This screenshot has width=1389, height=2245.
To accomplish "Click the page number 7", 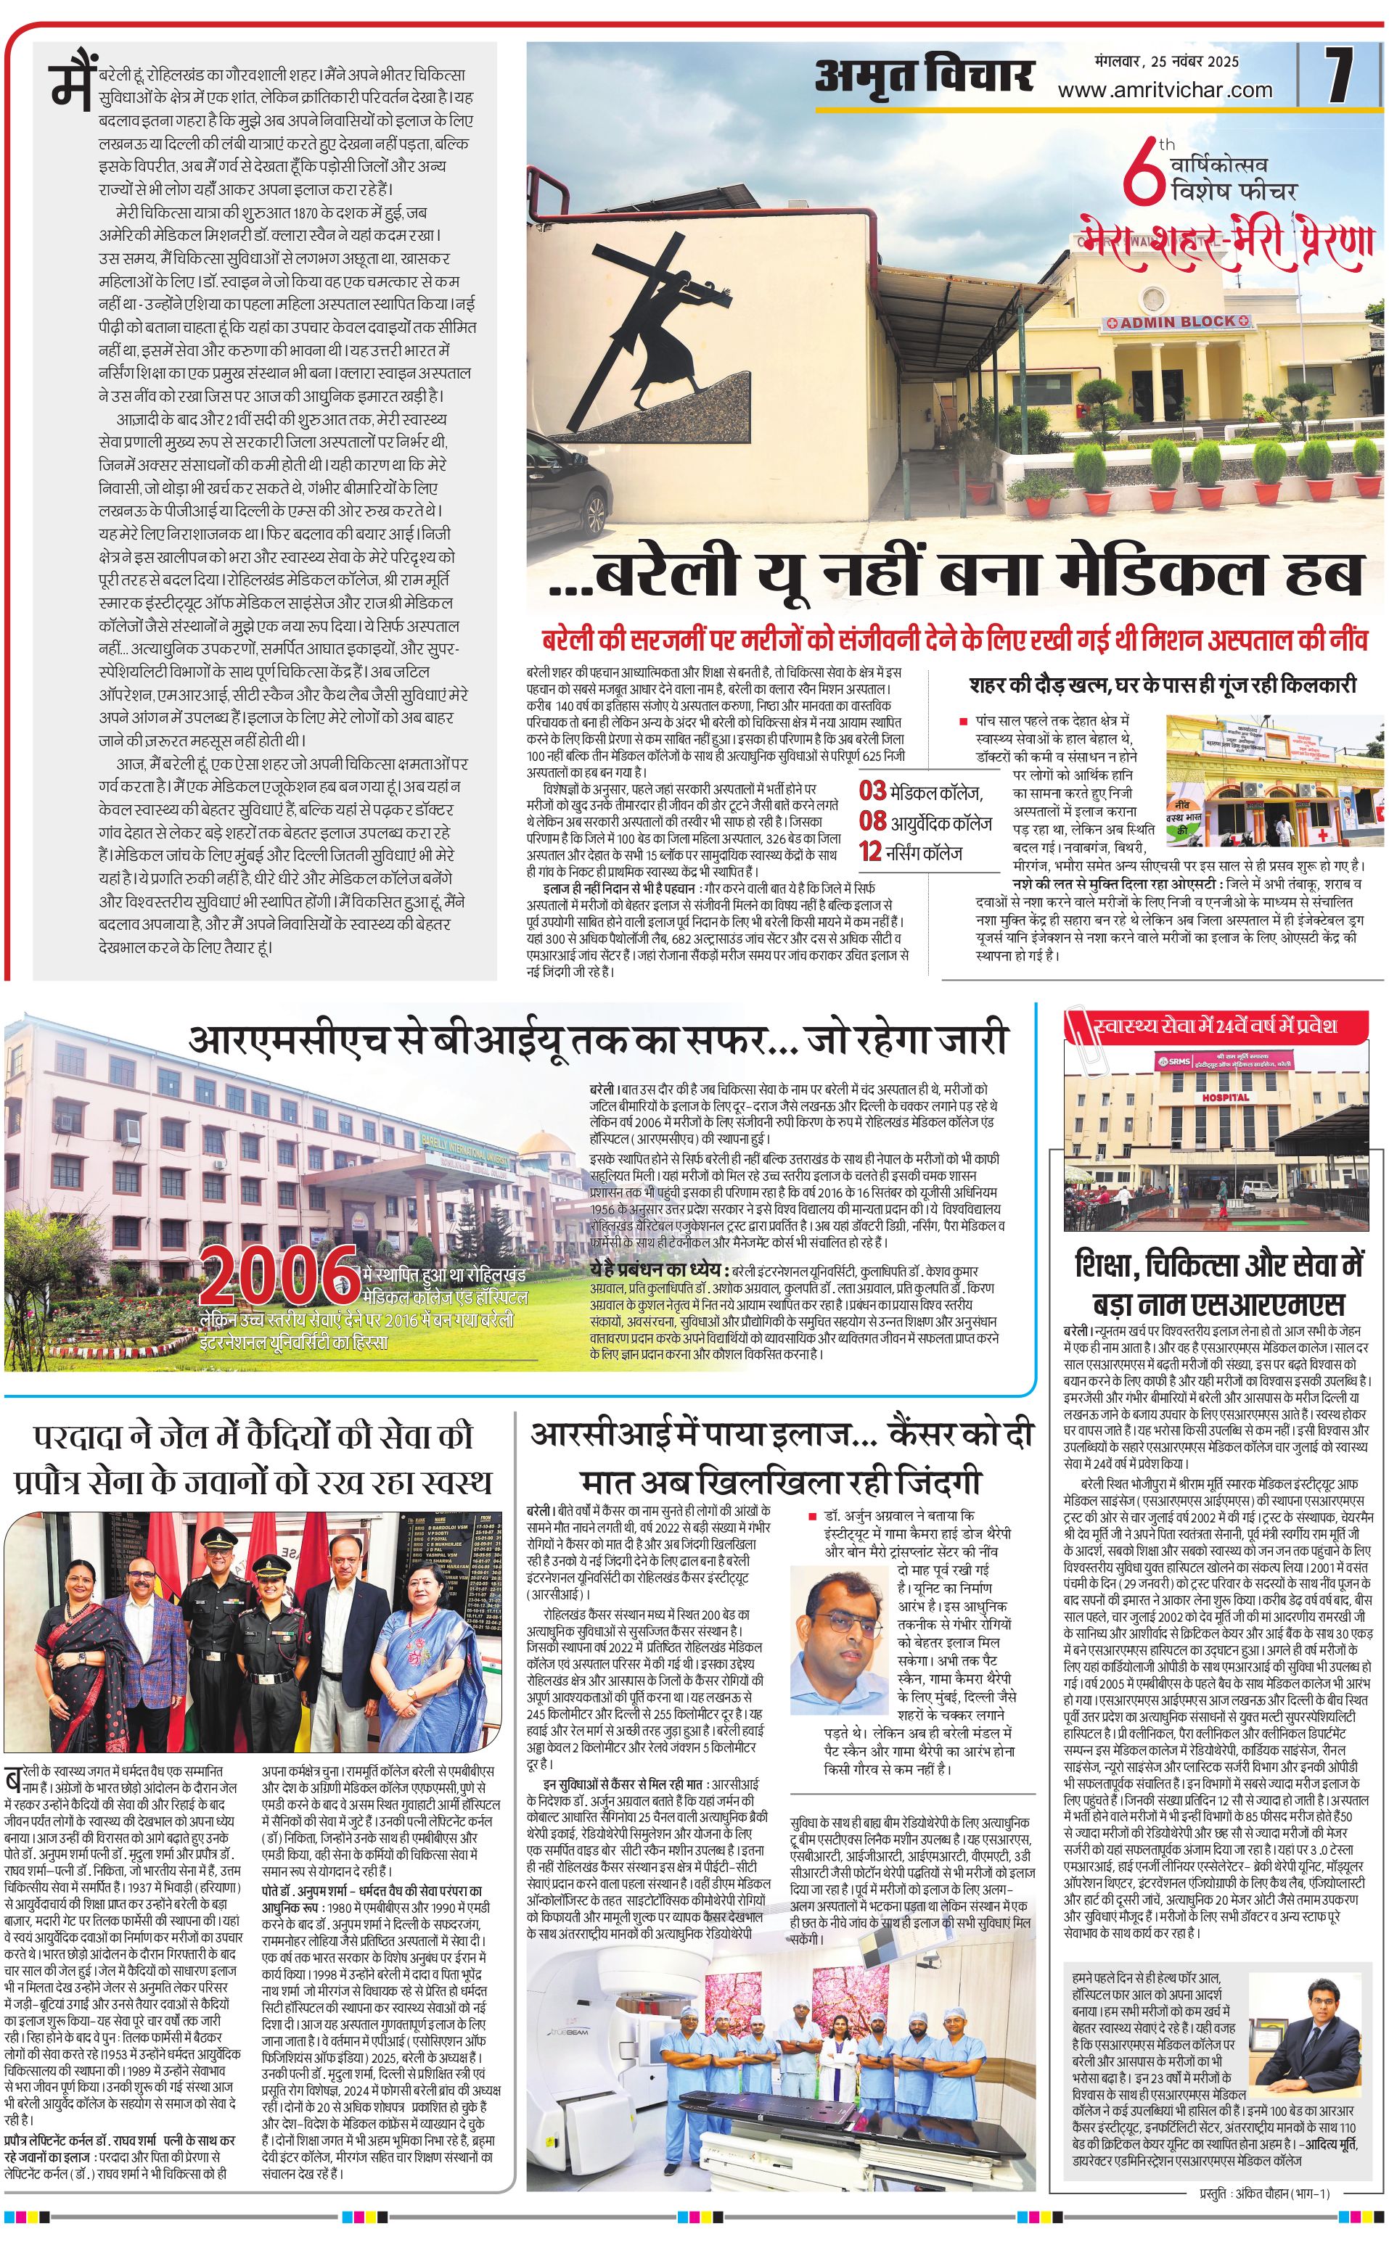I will point(1340,76).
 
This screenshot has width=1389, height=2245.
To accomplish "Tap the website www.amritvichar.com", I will point(1165,90).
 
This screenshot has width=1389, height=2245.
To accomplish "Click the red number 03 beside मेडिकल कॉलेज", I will point(873,791).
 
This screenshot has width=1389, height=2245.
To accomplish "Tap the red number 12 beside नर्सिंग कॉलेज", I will point(870,852).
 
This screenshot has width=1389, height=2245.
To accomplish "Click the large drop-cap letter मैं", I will point(73,81).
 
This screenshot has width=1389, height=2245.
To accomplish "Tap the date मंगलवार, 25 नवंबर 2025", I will point(1167,62).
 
